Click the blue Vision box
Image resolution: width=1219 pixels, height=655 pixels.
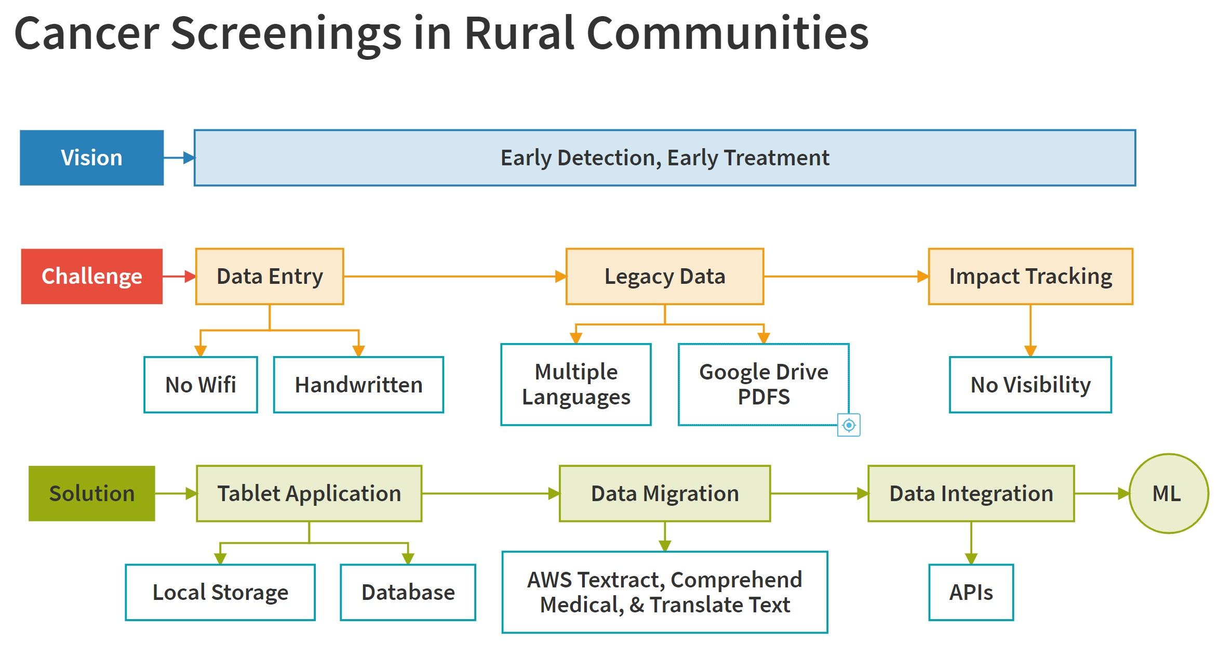91,158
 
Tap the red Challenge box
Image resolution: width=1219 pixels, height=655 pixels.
91,276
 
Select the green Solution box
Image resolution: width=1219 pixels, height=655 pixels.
91,493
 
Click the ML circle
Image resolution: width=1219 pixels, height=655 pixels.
1168,493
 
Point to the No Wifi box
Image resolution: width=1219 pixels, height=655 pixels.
200,385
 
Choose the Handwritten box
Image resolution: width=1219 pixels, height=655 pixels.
358,385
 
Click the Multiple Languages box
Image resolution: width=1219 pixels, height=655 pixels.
575,385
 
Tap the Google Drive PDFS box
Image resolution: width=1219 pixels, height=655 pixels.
763,385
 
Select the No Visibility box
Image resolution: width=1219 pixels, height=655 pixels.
1030,385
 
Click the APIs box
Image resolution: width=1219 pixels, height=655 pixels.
971,592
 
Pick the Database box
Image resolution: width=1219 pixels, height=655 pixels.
408,592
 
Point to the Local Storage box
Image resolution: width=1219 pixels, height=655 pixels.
220,592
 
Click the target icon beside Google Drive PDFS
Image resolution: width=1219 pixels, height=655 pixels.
849,425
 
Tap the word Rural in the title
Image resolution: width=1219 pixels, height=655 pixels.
519,33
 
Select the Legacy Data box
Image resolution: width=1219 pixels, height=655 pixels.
664,276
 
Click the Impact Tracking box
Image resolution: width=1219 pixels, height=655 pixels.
1030,276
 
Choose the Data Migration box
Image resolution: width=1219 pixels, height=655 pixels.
664,493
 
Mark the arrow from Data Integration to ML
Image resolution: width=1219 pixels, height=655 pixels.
1101,493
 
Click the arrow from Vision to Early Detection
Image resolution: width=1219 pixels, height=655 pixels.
179,158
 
